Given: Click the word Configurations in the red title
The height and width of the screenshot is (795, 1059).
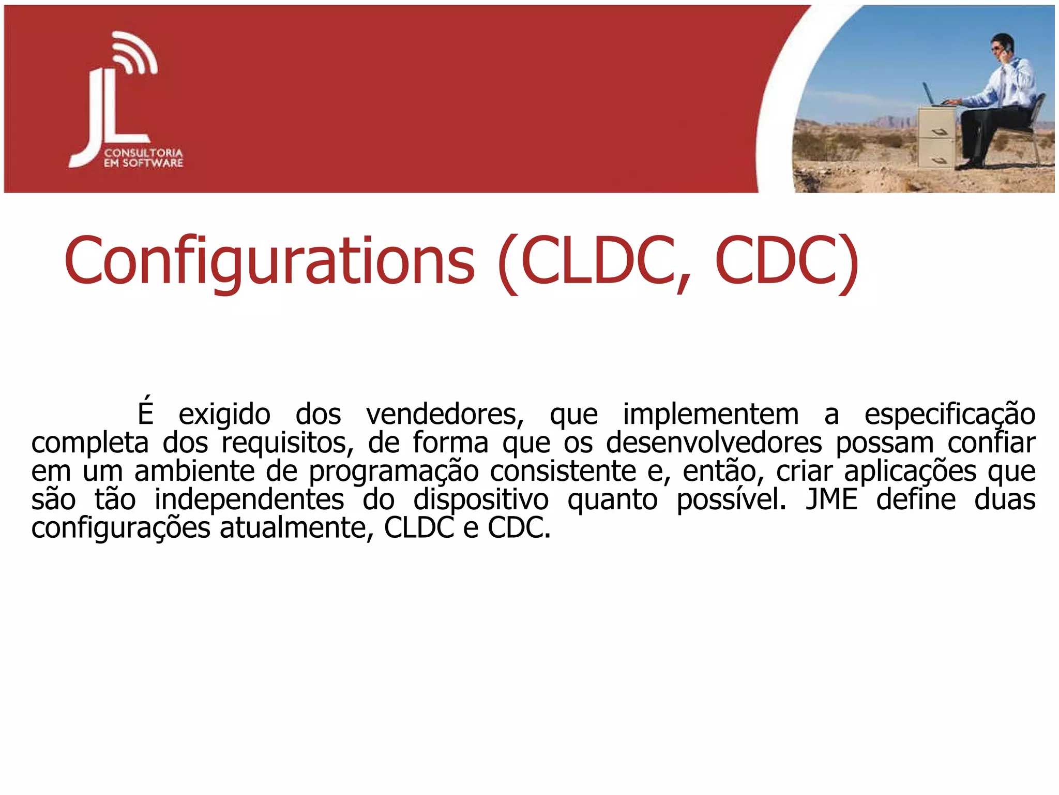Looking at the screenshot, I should tap(269, 261).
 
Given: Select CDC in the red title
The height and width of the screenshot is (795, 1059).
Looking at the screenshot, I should tap(776, 261).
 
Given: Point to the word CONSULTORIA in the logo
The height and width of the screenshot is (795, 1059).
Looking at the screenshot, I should tap(143, 153).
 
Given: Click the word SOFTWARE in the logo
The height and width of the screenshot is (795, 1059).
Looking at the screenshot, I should tap(153, 163).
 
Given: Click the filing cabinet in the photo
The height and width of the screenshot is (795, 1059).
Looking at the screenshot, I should tap(936, 137).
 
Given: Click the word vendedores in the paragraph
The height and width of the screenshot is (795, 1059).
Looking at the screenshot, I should tap(445, 415).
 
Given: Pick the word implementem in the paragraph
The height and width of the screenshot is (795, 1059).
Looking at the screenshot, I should tap(710, 415).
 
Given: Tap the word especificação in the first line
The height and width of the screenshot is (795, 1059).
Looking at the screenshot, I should tap(950, 415).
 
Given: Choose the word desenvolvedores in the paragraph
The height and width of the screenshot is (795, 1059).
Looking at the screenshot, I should tap(714, 443).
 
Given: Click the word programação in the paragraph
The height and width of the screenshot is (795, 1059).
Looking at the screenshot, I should tap(394, 472).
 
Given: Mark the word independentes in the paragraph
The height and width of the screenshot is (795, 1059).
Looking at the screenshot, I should tap(249, 500).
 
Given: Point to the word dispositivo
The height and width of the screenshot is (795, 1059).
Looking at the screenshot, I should tap(481, 500).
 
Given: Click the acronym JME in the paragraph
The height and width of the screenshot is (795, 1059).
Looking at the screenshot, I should tap(831, 500).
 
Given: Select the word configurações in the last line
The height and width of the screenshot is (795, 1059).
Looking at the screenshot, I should tap(120, 528).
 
